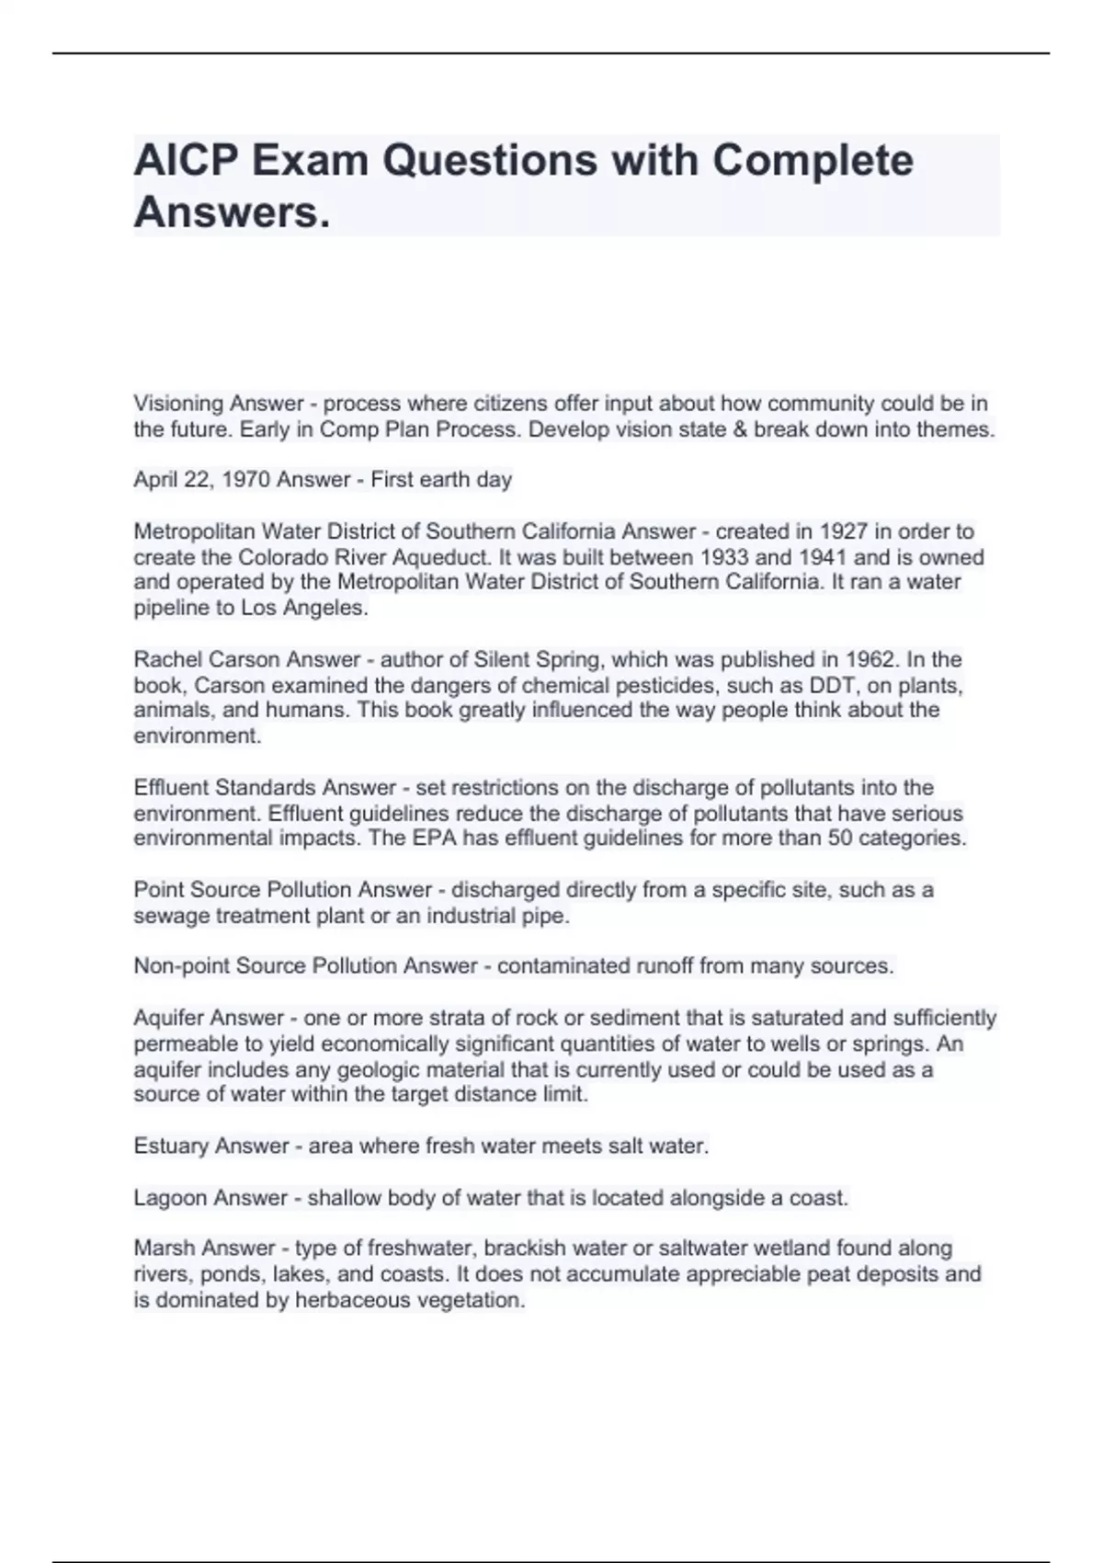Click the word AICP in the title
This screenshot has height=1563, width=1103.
185,161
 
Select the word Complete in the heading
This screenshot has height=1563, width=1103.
813,161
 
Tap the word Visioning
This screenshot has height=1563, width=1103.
178,404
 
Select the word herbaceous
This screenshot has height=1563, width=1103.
352,1300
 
